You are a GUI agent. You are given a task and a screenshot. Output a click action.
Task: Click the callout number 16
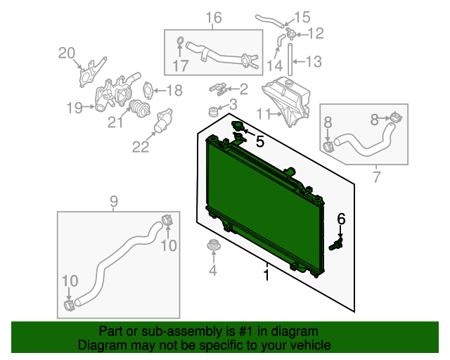click(214, 18)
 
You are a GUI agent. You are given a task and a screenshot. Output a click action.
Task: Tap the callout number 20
click(67, 53)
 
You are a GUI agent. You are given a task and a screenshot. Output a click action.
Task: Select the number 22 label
click(141, 147)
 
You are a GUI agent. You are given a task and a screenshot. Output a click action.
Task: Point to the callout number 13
click(314, 62)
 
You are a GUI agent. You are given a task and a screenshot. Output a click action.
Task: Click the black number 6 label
click(341, 219)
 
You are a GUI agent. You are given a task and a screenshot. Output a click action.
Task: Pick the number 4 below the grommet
click(212, 270)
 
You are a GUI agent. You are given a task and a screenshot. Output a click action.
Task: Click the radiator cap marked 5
click(238, 126)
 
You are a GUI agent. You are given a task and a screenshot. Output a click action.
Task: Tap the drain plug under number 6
click(336, 244)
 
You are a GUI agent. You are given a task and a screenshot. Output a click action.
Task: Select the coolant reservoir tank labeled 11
click(286, 101)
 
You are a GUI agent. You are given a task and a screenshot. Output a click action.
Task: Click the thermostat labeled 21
click(140, 108)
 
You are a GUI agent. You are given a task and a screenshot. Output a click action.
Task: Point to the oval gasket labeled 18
click(147, 89)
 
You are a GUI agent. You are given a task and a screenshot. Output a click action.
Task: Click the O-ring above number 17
click(180, 41)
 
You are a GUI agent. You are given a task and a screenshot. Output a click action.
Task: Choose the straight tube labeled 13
click(290, 60)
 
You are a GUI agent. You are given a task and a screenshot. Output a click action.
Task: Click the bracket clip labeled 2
click(218, 89)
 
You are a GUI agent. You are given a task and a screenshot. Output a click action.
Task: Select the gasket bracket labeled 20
click(91, 72)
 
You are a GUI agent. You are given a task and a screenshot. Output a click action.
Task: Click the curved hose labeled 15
click(270, 21)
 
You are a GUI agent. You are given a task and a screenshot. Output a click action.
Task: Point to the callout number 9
click(114, 202)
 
